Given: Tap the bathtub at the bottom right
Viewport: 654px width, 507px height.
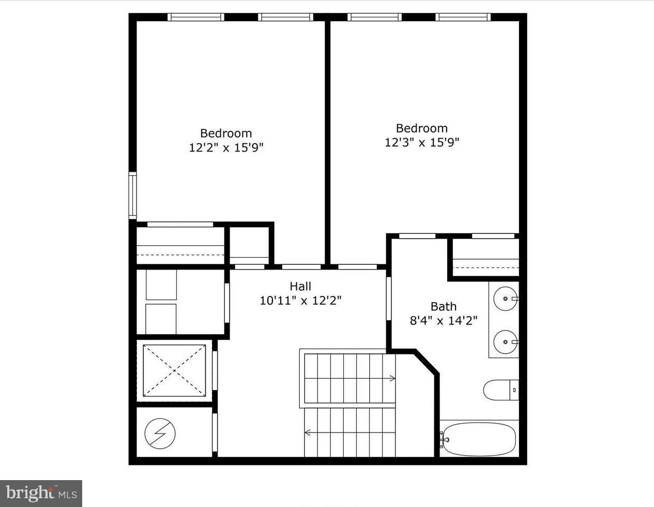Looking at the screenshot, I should point(479,439).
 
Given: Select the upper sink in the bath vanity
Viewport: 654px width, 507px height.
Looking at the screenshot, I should point(504,299).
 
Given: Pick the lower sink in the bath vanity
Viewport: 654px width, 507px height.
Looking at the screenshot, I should point(504,341).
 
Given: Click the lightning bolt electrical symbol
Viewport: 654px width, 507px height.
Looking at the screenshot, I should point(160,433).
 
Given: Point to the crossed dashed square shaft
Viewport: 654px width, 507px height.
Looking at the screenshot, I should point(174,370).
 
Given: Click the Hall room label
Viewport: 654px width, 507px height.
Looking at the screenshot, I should point(300,286).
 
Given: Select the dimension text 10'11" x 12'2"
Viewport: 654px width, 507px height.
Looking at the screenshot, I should point(300,300).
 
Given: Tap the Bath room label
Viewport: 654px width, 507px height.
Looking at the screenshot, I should point(444,306).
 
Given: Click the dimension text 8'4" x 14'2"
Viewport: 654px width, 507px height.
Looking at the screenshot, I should point(444,320).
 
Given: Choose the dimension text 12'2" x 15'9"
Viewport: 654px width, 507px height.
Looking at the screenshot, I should point(226,147).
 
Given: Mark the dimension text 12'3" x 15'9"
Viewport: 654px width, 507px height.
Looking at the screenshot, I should point(422,142).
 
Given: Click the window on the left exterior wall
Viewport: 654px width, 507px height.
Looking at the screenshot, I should point(132,196).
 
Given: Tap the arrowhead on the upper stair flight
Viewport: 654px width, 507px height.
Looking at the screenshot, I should point(392,379).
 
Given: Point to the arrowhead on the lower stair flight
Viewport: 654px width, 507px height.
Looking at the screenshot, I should point(308,433).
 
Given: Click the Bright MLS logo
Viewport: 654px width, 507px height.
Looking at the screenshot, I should point(41,494).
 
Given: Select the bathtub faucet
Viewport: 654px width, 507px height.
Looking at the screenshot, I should point(444,439).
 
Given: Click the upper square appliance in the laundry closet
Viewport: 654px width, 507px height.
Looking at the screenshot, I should point(161,285).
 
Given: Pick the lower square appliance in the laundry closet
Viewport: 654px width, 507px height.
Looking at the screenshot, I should point(161,319).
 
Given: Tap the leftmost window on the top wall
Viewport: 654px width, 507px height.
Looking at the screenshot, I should point(196,17).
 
